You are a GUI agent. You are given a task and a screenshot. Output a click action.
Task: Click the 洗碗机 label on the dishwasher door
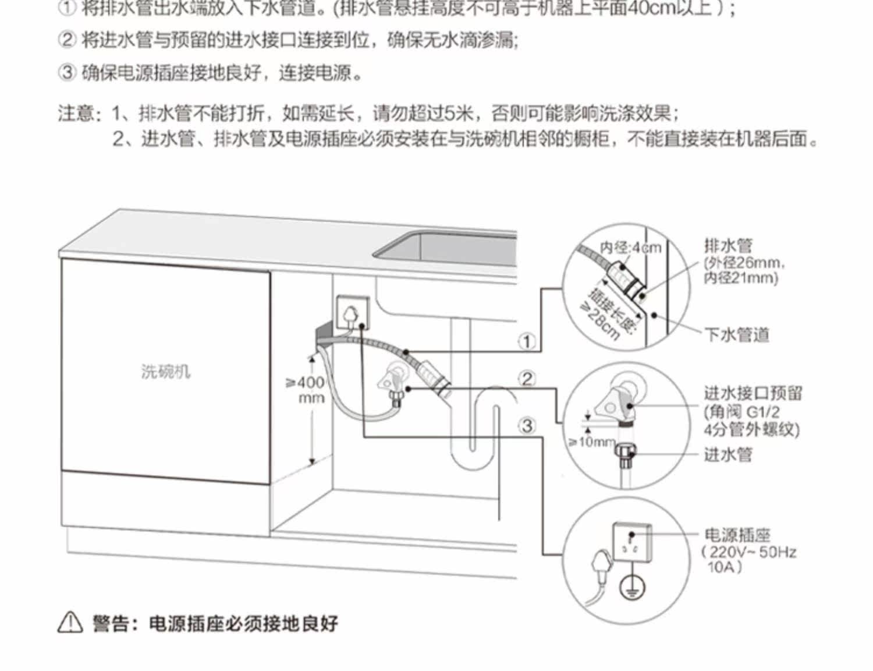[x=165, y=371]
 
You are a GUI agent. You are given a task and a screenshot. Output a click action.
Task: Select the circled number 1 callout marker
[x=527, y=341]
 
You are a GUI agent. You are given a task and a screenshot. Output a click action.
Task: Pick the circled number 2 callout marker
[x=527, y=379]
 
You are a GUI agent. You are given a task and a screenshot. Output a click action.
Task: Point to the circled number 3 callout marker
[x=527, y=426]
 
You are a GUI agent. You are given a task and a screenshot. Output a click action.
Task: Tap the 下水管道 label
[x=737, y=335]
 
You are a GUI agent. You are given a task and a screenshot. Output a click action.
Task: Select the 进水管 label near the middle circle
[x=727, y=454]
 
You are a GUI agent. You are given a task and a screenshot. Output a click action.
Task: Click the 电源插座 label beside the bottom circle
[x=737, y=534]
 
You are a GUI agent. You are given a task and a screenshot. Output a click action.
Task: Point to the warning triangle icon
[x=70, y=623]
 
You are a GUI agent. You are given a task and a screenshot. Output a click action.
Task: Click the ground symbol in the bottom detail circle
[x=631, y=588]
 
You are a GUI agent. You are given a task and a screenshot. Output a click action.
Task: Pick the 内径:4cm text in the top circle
[x=631, y=248]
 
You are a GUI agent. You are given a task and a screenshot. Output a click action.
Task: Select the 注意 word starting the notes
[x=76, y=112]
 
